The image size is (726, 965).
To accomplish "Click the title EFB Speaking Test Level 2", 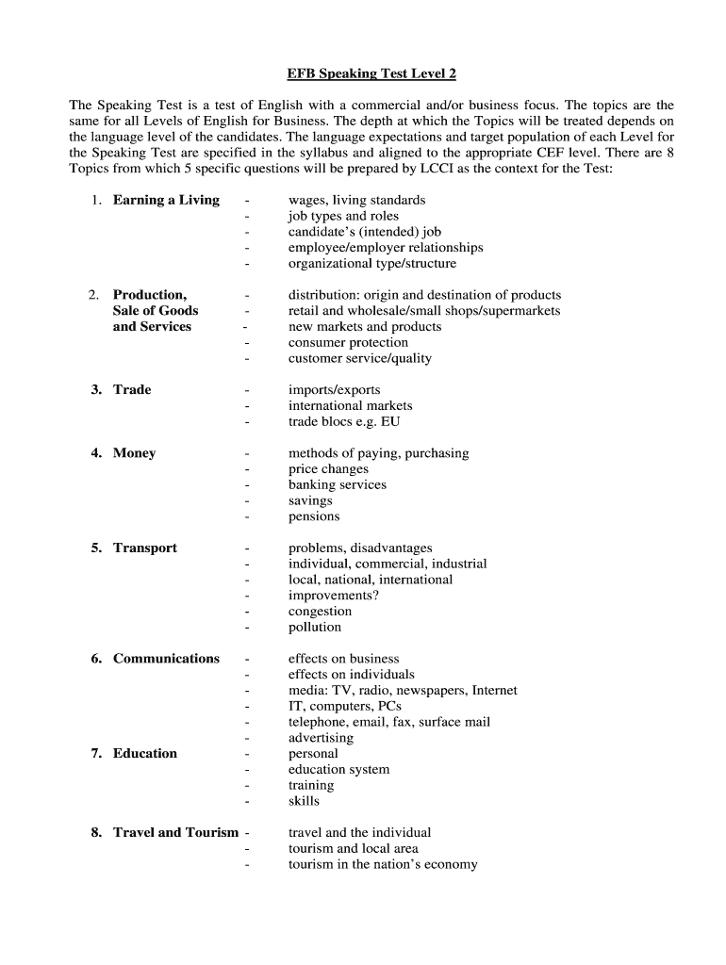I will tap(363, 73).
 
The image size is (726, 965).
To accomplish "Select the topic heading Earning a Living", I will tap(166, 200).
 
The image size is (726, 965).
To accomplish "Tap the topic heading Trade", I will tap(132, 389).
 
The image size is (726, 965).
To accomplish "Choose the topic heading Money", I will tap(134, 452).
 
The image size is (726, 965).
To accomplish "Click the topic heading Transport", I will tap(145, 548).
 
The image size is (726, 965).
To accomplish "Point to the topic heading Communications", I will tap(166, 658).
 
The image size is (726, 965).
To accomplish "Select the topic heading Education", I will tap(145, 753).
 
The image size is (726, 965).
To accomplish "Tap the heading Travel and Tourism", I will tap(175, 832).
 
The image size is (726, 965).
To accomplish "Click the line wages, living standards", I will tap(356, 200).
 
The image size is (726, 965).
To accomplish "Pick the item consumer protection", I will tap(348, 342).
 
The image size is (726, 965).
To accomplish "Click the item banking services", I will tap(338, 484).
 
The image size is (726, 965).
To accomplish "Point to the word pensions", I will tap(314, 516).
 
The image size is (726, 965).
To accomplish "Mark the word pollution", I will tap(315, 627).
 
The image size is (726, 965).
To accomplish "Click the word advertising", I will tap(321, 738).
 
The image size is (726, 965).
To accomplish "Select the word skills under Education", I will tap(304, 801).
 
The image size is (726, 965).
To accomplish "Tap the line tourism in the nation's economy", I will tap(383, 864).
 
